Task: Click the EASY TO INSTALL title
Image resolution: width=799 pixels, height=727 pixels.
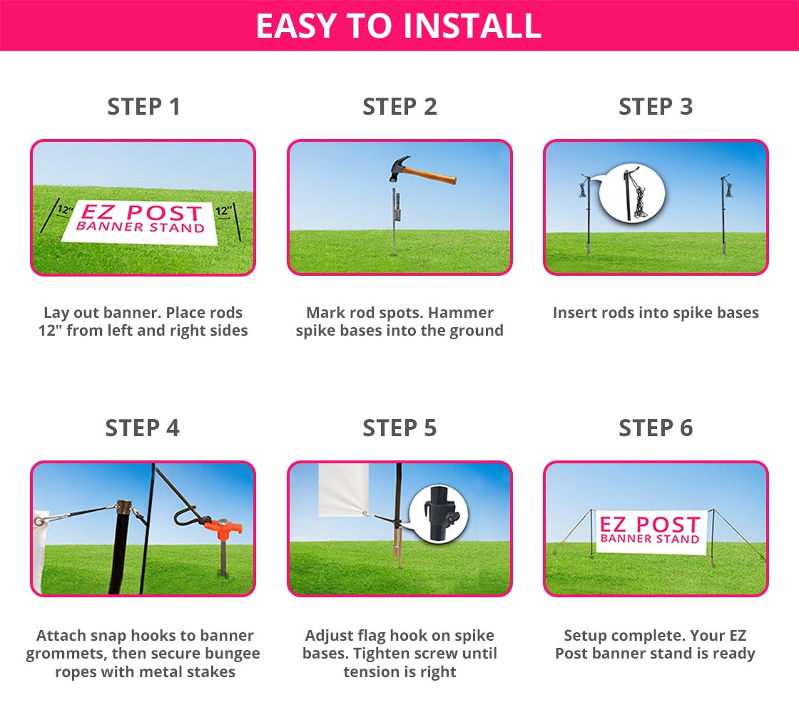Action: [399, 26]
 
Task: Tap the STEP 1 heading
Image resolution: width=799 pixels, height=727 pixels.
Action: [143, 107]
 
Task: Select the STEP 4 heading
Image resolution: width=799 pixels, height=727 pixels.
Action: [143, 428]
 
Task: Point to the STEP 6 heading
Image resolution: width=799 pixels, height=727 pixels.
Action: [656, 428]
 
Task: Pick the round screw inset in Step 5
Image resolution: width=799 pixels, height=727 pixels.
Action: [438, 513]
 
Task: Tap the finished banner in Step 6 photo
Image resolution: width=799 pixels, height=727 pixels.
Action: [649, 531]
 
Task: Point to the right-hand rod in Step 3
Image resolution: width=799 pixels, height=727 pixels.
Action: [723, 214]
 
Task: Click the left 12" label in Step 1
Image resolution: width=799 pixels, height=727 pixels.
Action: [65, 210]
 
